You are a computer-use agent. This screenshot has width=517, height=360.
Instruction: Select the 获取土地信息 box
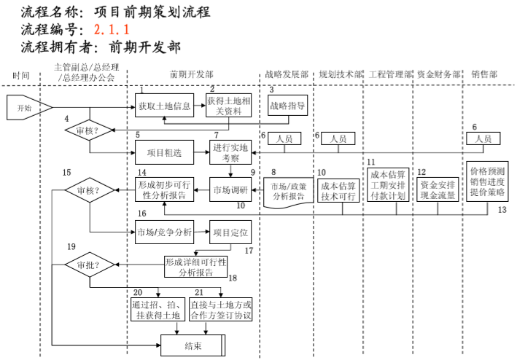click(164, 106)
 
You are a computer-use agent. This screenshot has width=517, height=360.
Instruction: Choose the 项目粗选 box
click(164, 152)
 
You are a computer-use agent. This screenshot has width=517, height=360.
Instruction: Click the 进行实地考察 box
click(230, 152)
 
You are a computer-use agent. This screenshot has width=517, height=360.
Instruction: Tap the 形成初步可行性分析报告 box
click(164, 190)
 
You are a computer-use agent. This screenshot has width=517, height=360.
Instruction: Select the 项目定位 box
click(230, 232)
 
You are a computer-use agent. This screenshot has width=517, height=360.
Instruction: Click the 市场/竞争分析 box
click(164, 232)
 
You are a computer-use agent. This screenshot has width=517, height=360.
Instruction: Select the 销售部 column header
click(484, 74)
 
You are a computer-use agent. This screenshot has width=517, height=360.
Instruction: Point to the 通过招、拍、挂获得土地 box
click(155, 310)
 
